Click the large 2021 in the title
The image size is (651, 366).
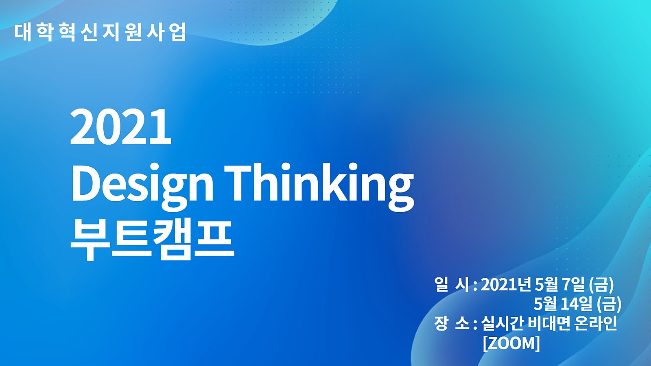121,127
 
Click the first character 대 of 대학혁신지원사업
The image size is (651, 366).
23,32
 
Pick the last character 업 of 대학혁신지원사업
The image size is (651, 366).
178,32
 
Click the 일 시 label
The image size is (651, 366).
452,284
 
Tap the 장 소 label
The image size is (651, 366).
452,324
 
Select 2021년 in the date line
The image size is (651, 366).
506,284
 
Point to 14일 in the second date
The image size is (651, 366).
577,303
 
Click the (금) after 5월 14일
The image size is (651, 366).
609,303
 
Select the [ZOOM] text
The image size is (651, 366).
511,343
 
